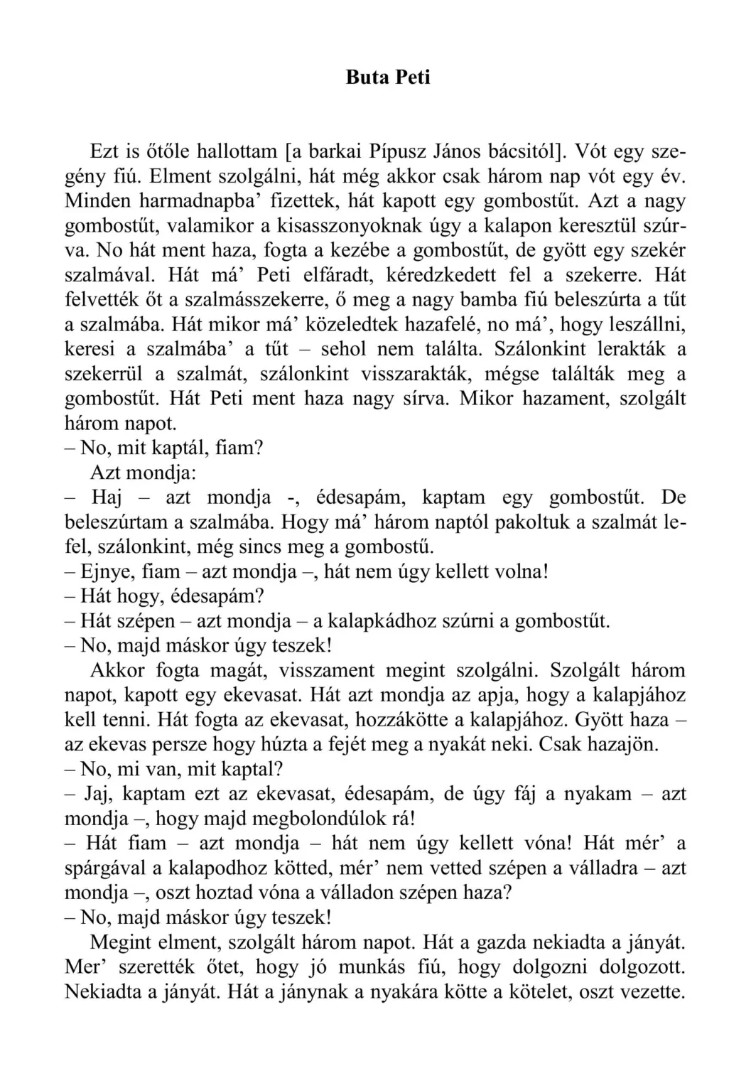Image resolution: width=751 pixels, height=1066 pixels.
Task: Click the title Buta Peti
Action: [x=388, y=77]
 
